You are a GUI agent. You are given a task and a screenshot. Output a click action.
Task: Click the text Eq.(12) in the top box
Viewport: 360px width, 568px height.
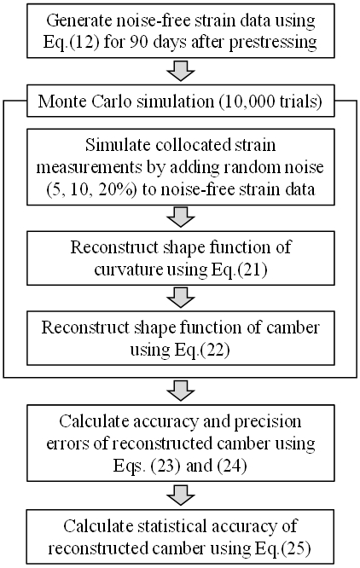(71, 42)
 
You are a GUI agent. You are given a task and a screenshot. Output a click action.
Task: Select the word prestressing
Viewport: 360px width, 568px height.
(273, 43)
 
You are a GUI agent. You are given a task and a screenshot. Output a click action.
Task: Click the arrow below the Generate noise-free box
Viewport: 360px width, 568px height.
(180, 71)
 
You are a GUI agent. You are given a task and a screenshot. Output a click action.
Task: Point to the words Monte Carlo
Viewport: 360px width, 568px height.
(84, 101)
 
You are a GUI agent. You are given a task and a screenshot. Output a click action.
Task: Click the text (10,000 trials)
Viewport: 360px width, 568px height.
(270, 101)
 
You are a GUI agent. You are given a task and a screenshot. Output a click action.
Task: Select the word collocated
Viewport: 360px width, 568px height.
(193, 145)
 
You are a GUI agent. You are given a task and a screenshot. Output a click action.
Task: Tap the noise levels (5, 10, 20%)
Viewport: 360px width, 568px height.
(91, 189)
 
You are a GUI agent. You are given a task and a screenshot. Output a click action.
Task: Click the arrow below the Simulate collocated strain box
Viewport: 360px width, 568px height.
(180, 217)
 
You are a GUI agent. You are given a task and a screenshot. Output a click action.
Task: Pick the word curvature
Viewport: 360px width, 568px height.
(128, 270)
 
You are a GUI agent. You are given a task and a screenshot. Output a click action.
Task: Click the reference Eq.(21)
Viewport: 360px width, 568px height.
(239, 270)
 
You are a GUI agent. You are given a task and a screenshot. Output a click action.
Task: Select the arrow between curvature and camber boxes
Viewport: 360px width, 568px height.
(180, 297)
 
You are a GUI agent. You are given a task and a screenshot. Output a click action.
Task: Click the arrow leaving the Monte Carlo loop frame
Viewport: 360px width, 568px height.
(180, 391)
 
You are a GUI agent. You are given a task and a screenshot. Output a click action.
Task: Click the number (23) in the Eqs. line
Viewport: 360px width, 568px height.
(165, 466)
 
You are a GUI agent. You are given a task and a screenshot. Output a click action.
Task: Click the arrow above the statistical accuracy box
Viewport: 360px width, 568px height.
(180, 495)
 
